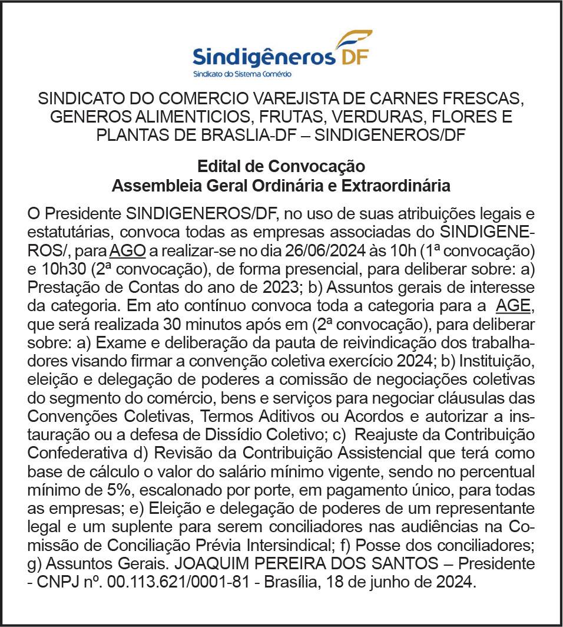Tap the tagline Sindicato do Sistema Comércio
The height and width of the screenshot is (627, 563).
(x=242, y=75)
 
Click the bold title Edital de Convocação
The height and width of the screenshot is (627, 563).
(x=281, y=167)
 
